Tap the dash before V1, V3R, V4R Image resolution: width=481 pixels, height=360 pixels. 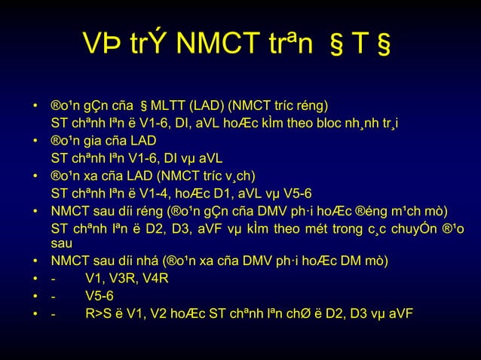click(53, 279)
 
